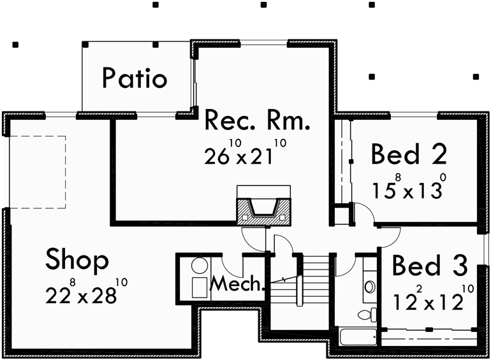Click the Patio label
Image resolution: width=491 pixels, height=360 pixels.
click(x=135, y=78)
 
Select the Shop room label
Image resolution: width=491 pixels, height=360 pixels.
click(x=77, y=260)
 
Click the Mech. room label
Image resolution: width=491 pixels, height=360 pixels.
click(x=238, y=283)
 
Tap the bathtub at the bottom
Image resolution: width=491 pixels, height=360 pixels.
click(x=358, y=338)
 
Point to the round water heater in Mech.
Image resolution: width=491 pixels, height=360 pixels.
click(x=200, y=267)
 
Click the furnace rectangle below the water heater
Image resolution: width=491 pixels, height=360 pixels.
click(x=200, y=287)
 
